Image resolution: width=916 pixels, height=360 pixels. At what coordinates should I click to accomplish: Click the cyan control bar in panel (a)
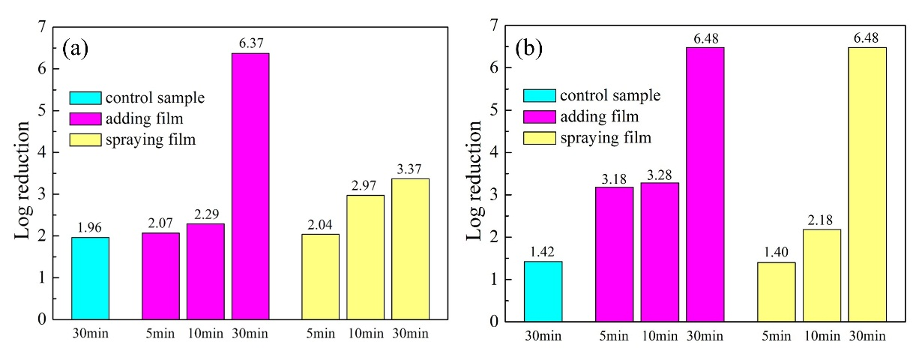click(x=91, y=278)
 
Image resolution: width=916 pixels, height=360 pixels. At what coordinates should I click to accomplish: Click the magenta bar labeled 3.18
click(x=615, y=254)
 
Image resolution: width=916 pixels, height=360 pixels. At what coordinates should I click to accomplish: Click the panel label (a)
click(x=76, y=49)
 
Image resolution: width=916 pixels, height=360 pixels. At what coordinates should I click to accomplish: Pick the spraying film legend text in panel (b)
click(x=606, y=137)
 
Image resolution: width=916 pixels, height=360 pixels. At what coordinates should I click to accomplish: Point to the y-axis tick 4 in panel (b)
click(x=493, y=152)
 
